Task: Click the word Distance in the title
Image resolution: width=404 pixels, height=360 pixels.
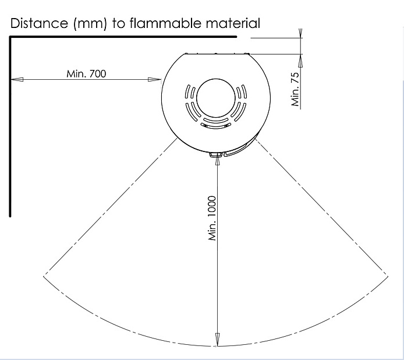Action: click(x=39, y=23)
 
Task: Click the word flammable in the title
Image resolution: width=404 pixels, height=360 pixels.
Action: click(x=165, y=23)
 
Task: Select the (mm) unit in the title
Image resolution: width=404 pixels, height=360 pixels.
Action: click(x=90, y=24)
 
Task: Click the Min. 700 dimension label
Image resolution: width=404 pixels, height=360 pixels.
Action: click(x=86, y=74)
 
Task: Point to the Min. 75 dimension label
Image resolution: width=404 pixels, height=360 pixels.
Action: click(x=295, y=89)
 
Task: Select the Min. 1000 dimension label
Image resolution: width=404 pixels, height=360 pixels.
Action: click(x=212, y=218)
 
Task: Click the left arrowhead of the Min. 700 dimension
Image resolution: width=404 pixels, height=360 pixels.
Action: click(x=17, y=79)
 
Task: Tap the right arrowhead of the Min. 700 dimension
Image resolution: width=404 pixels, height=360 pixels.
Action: click(x=155, y=79)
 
